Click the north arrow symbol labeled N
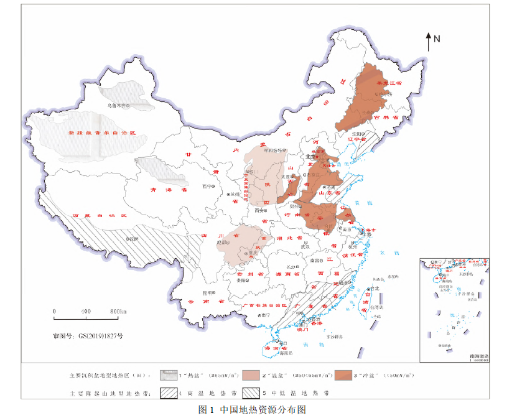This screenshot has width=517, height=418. point(429,42)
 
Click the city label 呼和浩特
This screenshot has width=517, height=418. point(272,150)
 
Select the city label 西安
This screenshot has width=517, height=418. point(259,211)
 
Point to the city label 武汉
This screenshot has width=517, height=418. point(304,246)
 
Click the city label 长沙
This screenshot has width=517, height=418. point(292,267)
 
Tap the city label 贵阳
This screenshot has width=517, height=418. point(240,281)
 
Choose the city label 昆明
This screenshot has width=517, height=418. point(207,293)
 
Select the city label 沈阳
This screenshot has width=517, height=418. point(356,134)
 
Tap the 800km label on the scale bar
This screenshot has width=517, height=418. point(118,311)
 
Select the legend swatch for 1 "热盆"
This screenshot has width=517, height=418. point(168,376)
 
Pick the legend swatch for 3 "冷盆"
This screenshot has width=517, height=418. point(342,376)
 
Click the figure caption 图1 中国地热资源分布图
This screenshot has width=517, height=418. point(252,410)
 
